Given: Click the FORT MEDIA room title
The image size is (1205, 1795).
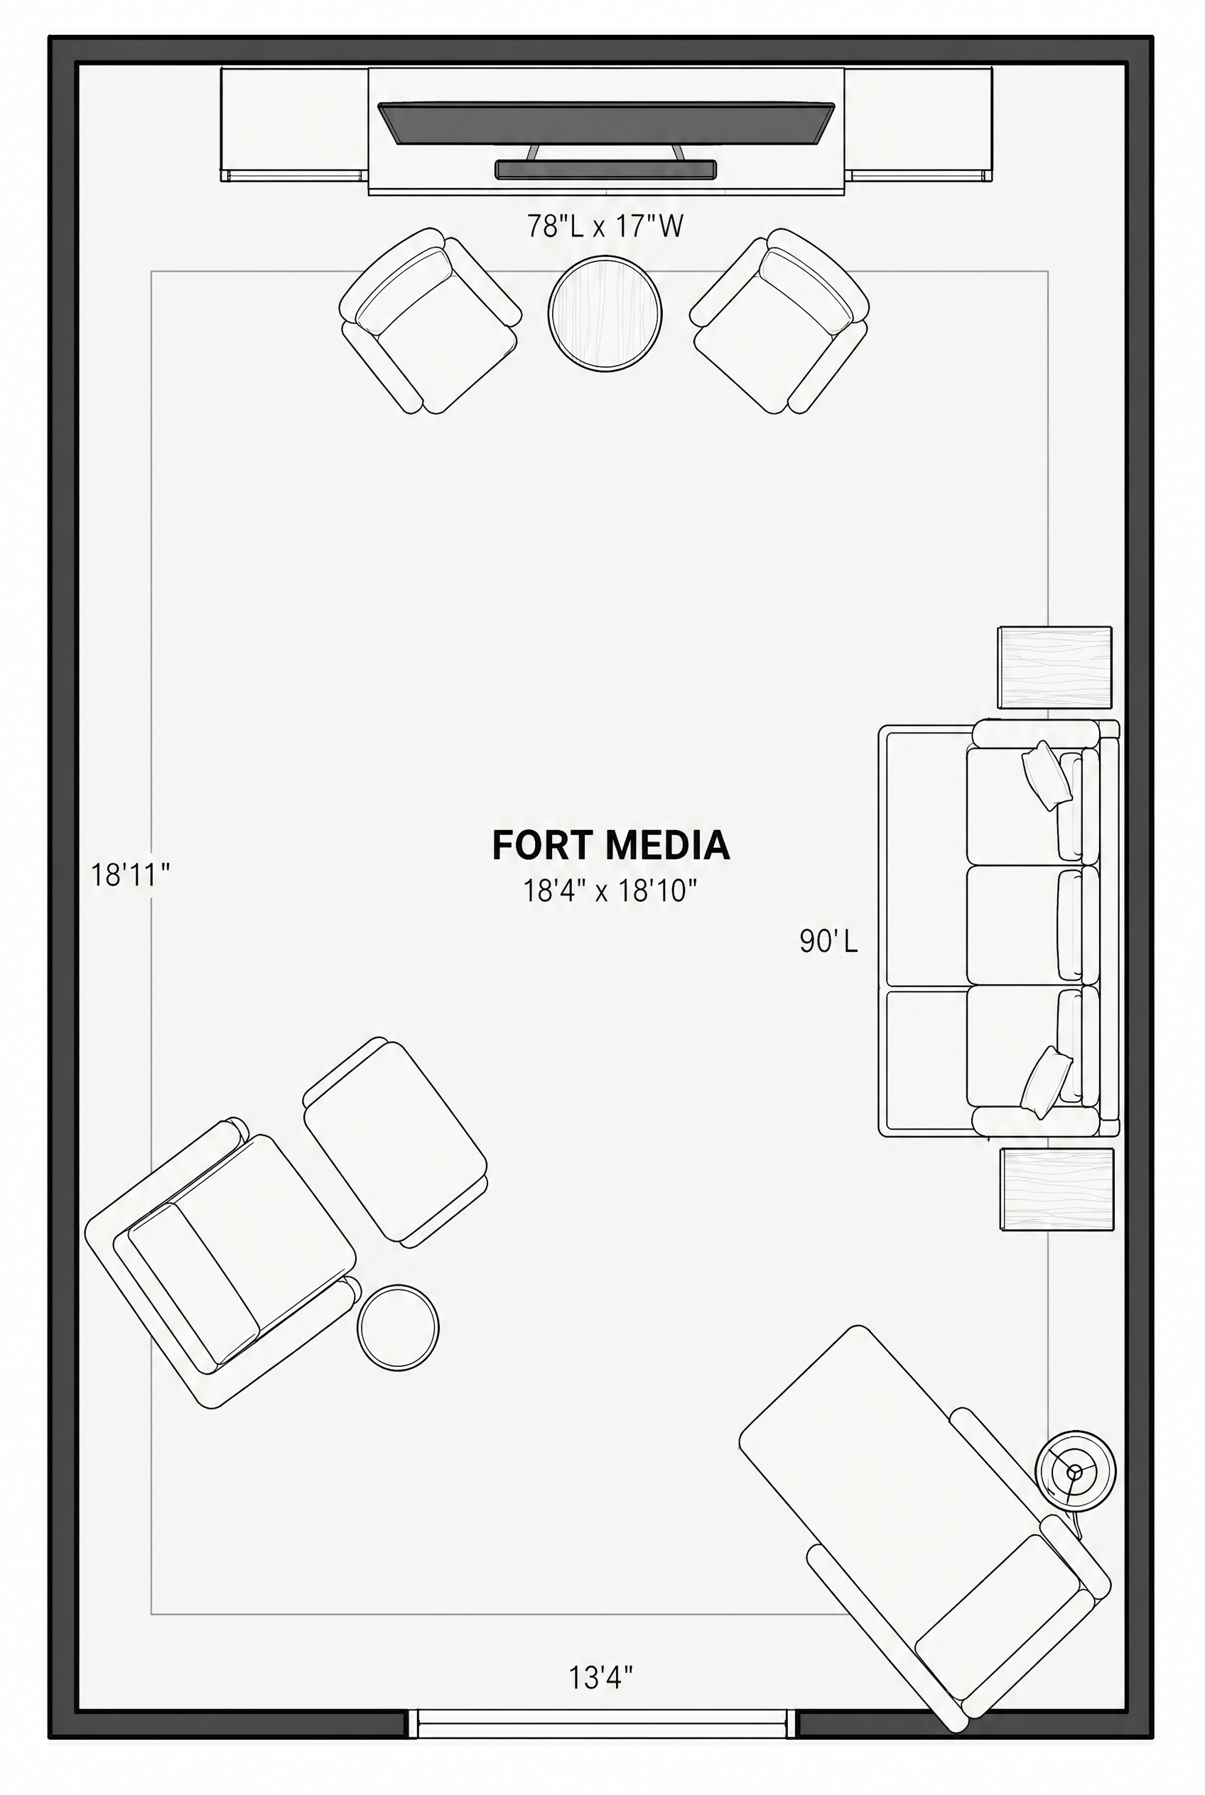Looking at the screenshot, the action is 610,845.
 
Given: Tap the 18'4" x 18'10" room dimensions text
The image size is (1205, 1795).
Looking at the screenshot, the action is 610,891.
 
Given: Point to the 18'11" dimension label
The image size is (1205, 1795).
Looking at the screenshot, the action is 131,875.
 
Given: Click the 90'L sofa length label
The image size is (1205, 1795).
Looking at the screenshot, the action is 828,941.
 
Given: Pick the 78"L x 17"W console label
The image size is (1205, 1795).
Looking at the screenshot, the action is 605,227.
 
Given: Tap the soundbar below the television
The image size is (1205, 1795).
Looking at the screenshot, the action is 605,170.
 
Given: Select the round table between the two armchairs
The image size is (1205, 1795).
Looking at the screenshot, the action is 605,314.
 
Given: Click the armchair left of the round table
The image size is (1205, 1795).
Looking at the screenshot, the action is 430,321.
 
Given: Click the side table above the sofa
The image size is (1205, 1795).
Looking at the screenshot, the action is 1055,667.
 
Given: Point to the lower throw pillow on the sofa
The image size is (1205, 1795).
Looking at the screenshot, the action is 1046,1082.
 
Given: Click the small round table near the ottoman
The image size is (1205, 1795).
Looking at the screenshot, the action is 398,1327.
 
